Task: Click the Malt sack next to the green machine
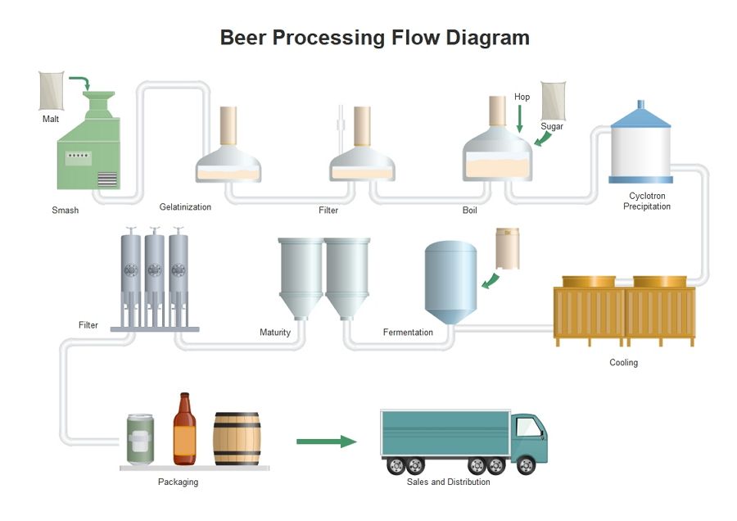pos(52,91)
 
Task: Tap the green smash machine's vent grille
pos(107,179)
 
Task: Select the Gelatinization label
pos(185,207)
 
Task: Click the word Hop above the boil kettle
pos(522,97)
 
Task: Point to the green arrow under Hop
pos(519,119)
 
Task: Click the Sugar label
pos(552,126)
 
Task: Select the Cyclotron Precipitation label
pos(647,201)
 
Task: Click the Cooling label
pos(624,363)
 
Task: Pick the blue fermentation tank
pos(450,282)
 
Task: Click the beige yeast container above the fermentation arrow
pos(508,249)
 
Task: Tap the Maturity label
pos(275,333)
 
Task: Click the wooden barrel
pos(237,439)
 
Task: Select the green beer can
pos(140,439)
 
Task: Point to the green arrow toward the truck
pos(327,442)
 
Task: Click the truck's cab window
pos(529,427)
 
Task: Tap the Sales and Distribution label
pos(449,482)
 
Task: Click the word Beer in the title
pos(243,38)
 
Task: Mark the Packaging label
pos(179,482)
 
